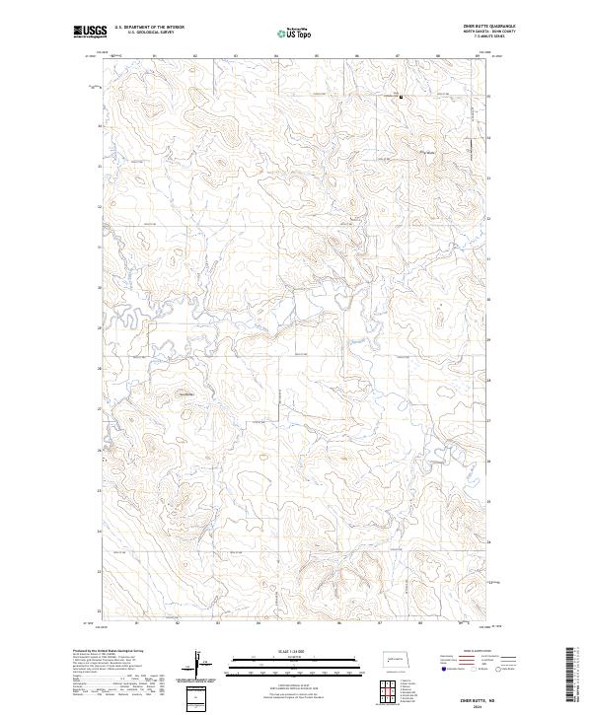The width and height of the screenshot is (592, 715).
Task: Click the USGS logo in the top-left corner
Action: tap(90, 32)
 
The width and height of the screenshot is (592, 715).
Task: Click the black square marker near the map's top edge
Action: tap(401, 97)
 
